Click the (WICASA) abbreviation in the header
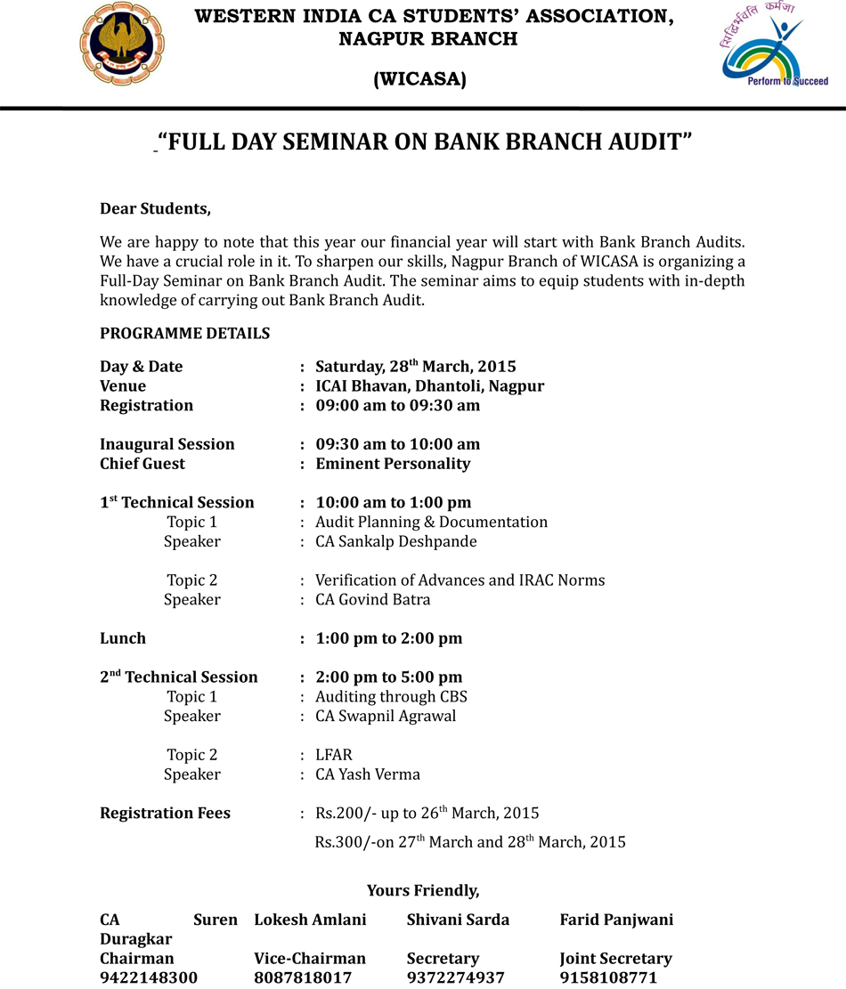[419, 80]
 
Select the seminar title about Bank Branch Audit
[424, 142]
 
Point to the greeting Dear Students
[155, 209]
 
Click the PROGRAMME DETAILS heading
[184, 334]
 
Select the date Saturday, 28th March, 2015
[415, 366]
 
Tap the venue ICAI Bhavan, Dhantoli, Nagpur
[429, 385]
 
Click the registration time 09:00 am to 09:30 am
[397, 405]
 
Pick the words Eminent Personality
[393, 464]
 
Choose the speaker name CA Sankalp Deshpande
[395, 541]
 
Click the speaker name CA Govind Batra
[372, 600]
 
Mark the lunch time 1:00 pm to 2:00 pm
[388, 638]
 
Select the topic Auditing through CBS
[391, 697]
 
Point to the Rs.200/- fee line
[427, 813]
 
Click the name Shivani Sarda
[458, 920]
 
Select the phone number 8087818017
[303, 977]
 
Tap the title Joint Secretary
[615, 959]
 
